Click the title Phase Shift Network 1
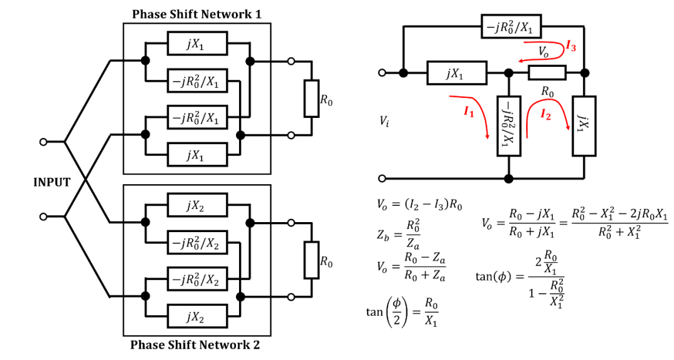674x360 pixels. tap(197, 14)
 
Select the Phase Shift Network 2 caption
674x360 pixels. tap(195, 345)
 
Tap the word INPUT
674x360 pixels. tap(52, 182)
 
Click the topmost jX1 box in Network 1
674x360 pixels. tap(197, 44)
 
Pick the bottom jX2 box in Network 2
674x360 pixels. tap(197, 316)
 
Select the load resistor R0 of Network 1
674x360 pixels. tap(311, 99)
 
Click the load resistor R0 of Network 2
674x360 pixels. tap(311, 260)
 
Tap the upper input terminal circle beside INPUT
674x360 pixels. tap(43, 142)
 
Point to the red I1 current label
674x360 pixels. tap(469, 112)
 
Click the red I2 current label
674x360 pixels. tap(545, 114)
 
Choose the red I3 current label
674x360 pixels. tap(571, 46)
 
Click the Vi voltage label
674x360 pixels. tap(384, 122)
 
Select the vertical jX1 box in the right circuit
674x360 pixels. tap(584, 126)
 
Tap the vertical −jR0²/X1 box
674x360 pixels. tap(509, 126)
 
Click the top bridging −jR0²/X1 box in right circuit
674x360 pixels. tap(511, 26)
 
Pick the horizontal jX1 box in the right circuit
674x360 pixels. tap(457, 72)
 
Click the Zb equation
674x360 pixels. tap(398, 235)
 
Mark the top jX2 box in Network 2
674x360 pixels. tap(197, 205)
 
